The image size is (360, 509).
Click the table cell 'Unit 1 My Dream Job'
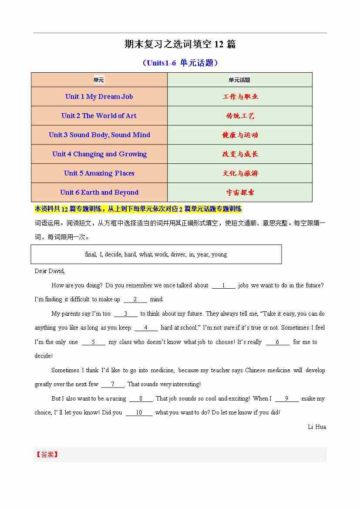[x=99, y=97]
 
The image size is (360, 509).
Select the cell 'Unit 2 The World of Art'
[x=99, y=116]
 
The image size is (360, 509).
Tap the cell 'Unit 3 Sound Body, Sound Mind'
[x=99, y=135]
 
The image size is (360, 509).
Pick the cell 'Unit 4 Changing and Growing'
[x=99, y=154]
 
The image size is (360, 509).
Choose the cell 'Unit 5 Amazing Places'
[x=99, y=173]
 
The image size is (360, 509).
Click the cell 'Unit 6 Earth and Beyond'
[x=99, y=192]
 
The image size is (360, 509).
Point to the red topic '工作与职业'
[x=240, y=97]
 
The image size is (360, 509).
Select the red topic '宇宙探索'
[x=240, y=192]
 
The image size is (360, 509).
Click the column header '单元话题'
[x=239, y=80]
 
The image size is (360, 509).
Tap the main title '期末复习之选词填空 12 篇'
[x=180, y=44]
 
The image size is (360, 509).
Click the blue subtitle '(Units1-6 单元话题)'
[x=180, y=63]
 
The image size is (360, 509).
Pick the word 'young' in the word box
[x=219, y=255]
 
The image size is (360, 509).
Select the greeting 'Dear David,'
[x=50, y=271]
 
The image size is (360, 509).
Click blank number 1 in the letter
[x=223, y=286]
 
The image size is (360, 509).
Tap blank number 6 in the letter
[x=277, y=342]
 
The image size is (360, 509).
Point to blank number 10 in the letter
[x=139, y=413]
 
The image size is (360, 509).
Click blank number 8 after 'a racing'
[x=141, y=399]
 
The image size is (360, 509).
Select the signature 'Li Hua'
[x=316, y=427]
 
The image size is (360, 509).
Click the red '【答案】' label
[x=47, y=455]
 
